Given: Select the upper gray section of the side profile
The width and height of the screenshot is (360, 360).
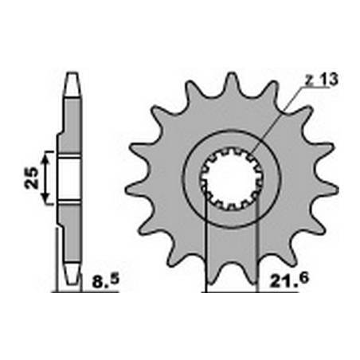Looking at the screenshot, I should click(x=71, y=119).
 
